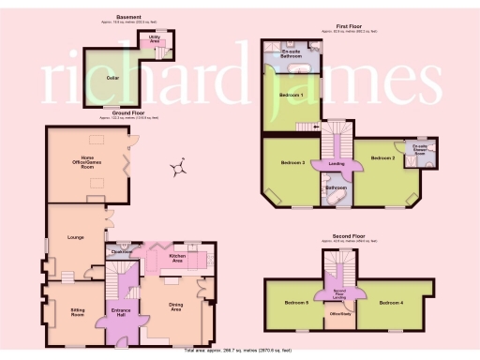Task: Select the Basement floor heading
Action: coord(129,17)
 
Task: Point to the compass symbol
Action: coord(175,169)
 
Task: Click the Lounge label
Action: coord(76,237)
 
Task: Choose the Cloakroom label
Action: coord(120,251)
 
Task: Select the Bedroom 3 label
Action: coord(293,163)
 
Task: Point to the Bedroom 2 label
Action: coord(382,158)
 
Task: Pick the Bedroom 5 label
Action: coord(296,303)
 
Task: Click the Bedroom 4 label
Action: coord(392,303)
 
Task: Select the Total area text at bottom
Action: coord(240,350)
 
